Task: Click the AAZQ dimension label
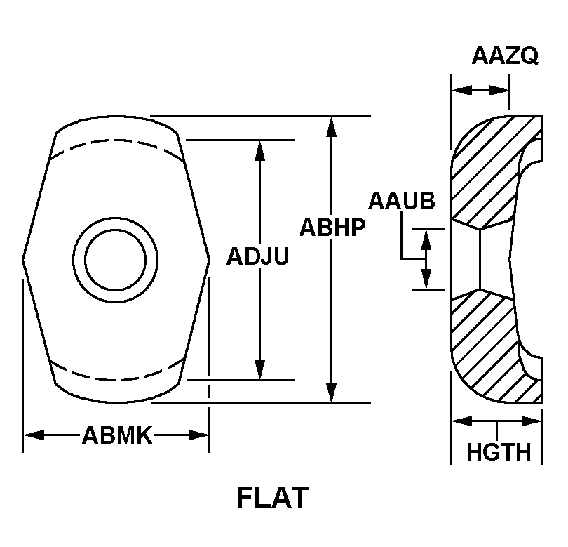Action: [505, 55]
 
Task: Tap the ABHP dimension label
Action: [332, 228]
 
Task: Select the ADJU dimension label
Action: [258, 256]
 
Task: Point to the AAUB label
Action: [401, 201]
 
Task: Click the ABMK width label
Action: [117, 435]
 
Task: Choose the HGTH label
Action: [499, 452]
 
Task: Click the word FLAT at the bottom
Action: [272, 498]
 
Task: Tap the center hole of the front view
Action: [115, 260]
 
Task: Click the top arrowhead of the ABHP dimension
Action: [331, 127]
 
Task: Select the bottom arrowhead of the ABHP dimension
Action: [331, 392]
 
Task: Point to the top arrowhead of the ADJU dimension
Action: [259, 150]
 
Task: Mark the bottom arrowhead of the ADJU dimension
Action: [259, 369]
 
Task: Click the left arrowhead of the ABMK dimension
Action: [34, 435]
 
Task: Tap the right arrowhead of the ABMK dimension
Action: [199, 435]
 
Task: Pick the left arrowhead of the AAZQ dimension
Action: [462, 90]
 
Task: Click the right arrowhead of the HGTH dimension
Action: [532, 421]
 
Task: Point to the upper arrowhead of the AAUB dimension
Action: [426, 239]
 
